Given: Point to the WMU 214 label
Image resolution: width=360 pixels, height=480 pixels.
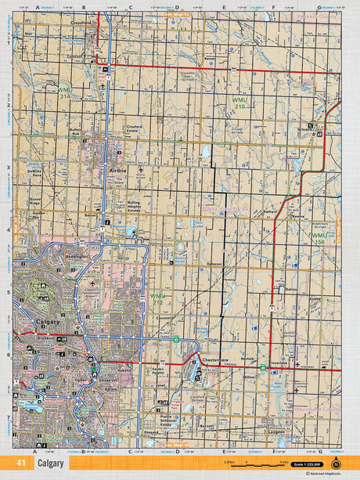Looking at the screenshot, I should [x=65, y=93].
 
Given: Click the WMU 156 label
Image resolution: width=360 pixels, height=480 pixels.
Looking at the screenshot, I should [x=320, y=238].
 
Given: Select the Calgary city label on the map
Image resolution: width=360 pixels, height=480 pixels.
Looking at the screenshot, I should [x=49, y=322].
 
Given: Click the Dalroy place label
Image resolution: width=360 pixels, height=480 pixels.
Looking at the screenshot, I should [x=291, y=289].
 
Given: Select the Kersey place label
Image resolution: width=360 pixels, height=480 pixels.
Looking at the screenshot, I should [x=209, y=58].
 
